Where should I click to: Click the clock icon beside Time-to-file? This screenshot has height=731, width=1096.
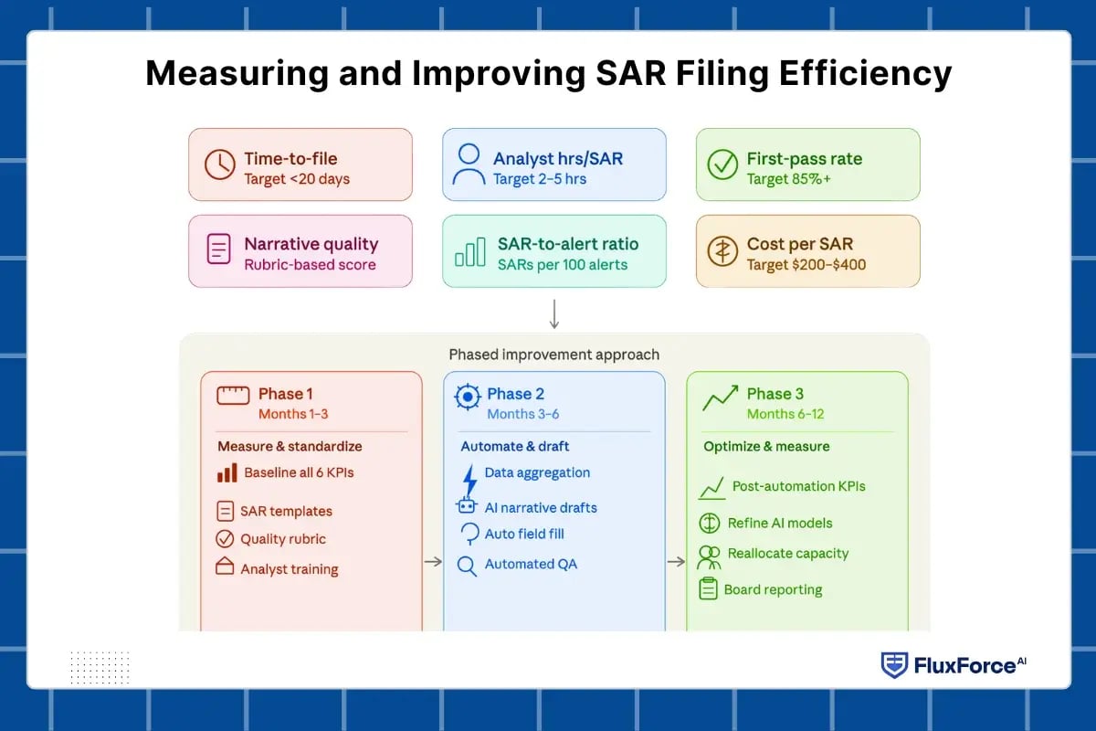point(219,164)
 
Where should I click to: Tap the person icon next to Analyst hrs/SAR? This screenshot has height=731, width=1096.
point(469,164)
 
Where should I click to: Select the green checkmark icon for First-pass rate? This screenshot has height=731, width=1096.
point(722,164)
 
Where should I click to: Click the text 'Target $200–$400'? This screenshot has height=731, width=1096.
point(806,265)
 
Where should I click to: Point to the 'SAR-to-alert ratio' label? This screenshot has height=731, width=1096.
point(567,244)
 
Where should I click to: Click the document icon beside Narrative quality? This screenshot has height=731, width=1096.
point(219,249)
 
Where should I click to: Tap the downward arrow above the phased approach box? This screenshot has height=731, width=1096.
point(554,313)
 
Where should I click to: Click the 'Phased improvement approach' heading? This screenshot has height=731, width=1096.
point(553,355)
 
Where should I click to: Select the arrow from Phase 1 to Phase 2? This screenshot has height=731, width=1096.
point(433,561)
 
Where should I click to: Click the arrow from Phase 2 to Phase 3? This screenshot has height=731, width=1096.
point(676,561)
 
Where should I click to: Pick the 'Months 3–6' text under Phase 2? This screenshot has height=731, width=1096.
point(522,414)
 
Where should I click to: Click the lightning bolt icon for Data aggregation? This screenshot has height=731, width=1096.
point(469,477)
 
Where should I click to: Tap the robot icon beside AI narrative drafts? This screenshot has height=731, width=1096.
point(467,507)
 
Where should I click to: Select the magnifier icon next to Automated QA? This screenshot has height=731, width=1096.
point(467,566)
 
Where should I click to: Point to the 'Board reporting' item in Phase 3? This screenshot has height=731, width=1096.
point(773,589)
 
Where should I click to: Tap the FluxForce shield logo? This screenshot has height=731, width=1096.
point(893,665)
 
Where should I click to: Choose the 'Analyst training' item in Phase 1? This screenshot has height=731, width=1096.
point(289,568)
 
